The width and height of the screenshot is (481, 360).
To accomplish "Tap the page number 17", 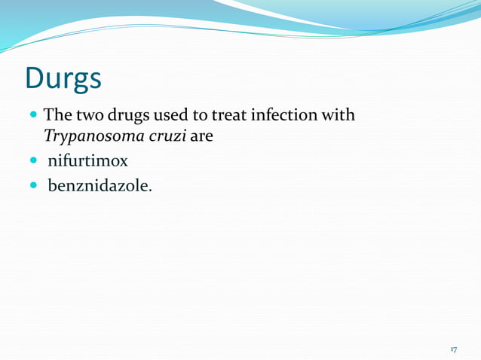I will pyautogui.click(x=454, y=349).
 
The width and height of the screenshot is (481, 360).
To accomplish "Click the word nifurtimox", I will pyautogui.click(x=87, y=160).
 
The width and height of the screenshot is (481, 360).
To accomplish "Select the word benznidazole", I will pyautogui.click(x=98, y=184).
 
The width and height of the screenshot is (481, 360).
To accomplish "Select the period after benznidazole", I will pyautogui.click(x=150, y=188).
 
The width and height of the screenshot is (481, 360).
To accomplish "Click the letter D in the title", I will pyautogui.click(x=35, y=78).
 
